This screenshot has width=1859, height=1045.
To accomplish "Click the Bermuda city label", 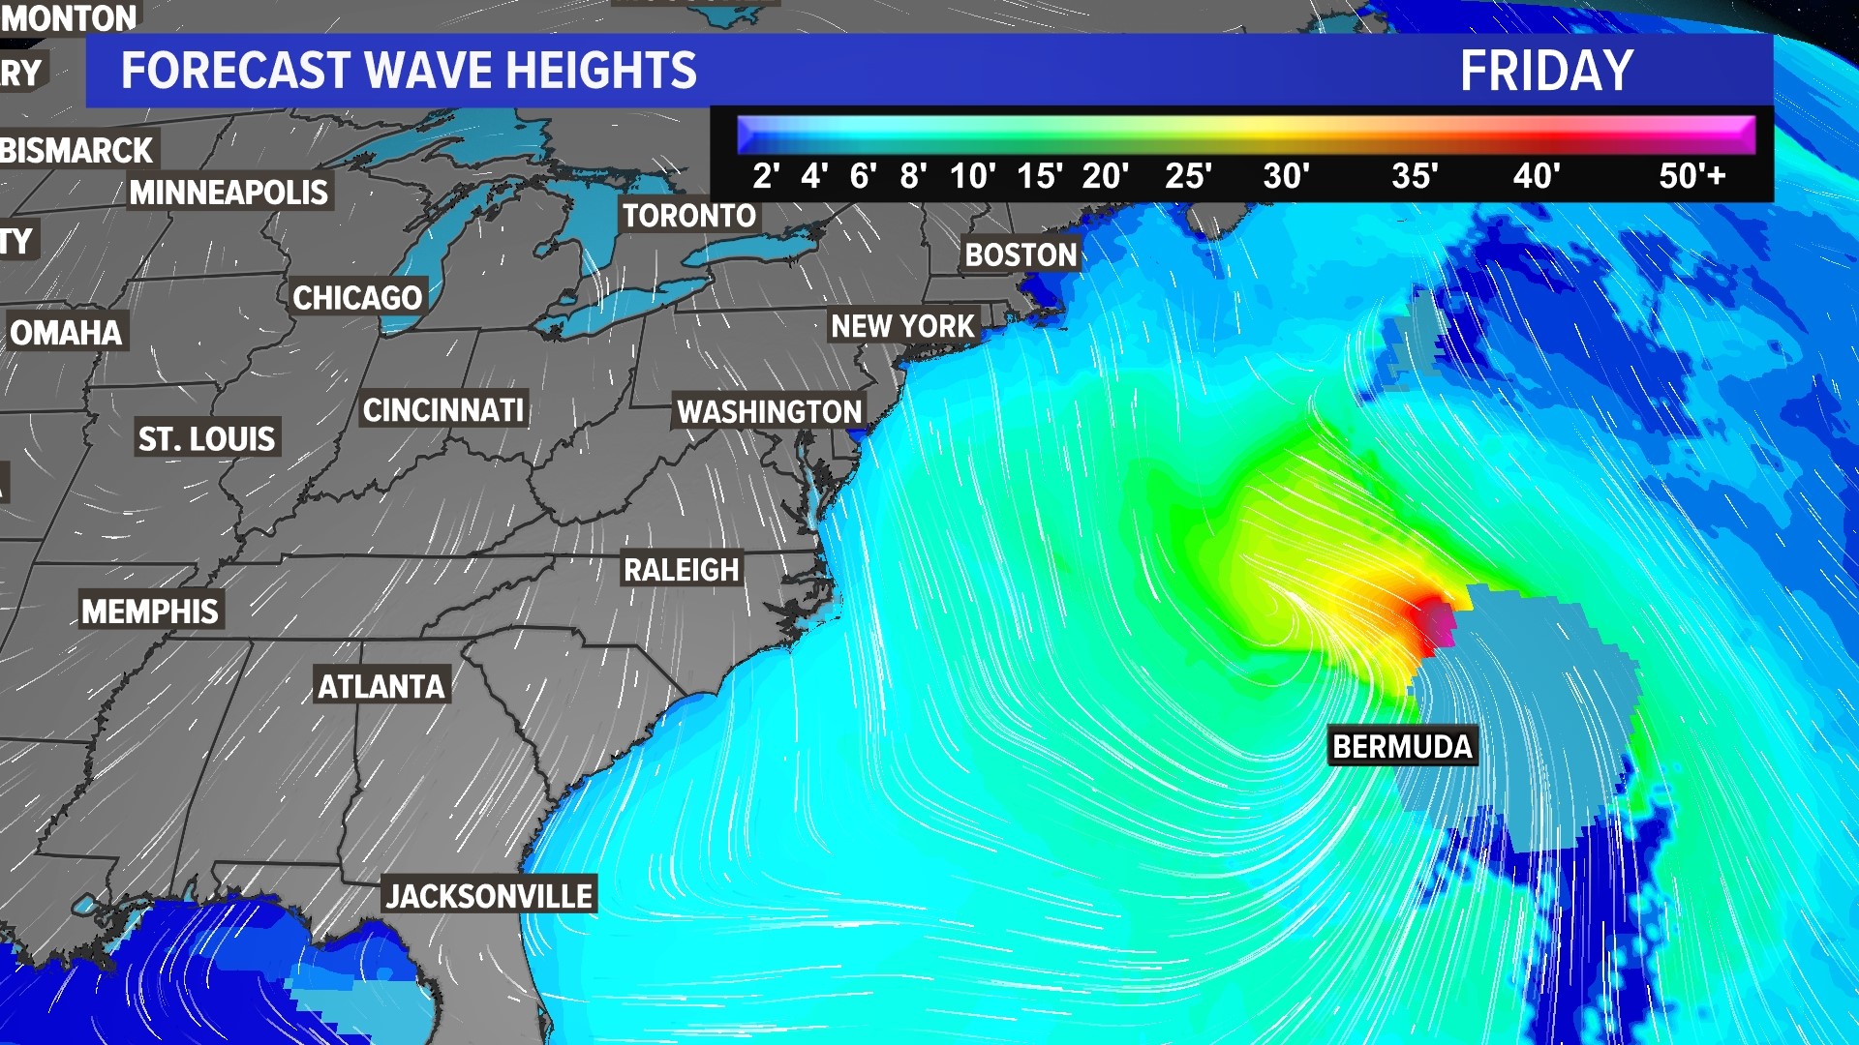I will point(1402,746).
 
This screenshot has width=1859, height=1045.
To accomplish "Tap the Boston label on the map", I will point(1021,254).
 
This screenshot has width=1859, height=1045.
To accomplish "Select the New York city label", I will point(902,326).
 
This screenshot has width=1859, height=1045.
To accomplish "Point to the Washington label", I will point(769,411).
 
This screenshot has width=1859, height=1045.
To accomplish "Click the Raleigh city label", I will point(681,570).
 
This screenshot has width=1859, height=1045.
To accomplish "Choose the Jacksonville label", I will point(489,896).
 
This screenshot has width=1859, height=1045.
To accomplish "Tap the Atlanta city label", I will point(381,686).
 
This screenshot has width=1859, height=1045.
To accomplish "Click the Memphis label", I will point(150,612).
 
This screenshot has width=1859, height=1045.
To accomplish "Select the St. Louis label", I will point(206,439).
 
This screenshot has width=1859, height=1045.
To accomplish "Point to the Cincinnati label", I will point(443,410).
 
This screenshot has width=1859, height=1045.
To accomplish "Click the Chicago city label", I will point(357,297).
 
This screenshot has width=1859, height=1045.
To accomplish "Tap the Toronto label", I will point(688,215).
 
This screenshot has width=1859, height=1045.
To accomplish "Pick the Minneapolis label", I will point(229,193).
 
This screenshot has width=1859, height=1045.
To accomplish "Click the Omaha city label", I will point(66,333).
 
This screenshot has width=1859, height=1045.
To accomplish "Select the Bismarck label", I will point(77,151).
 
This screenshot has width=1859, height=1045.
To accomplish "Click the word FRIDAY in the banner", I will point(1546,71).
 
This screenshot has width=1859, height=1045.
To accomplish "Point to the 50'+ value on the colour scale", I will point(1691,176).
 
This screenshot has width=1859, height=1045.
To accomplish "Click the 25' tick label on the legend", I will point(1188,176).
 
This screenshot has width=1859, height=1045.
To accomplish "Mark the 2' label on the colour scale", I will point(766,176).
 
